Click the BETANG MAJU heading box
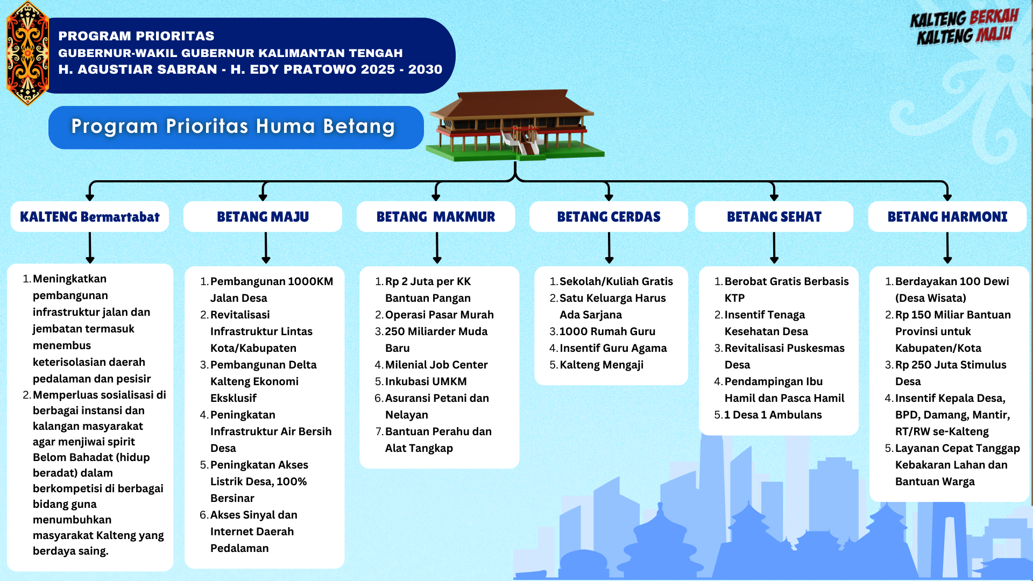tap(263, 217)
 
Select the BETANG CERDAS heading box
tap(609, 217)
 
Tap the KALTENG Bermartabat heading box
tap(90, 217)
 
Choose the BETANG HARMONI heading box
tap(947, 217)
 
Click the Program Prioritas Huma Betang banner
tap(236, 127)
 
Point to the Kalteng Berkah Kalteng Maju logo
tap(964, 27)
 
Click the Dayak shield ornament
tap(27, 53)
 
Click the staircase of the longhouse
tap(521, 142)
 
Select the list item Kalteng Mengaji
tap(602, 365)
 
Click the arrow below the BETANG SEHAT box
tap(774, 248)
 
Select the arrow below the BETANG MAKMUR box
tap(437, 248)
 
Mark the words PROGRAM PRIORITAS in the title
tap(136, 36)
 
